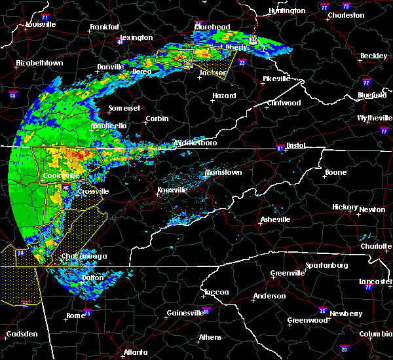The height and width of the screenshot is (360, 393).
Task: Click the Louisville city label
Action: [41, 24]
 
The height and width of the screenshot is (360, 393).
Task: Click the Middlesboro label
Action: [193, 142]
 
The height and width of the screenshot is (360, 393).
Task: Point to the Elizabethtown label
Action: [40, 63]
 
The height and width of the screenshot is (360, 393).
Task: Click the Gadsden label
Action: [19, 334]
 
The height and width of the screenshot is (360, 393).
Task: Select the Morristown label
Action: [223, 171]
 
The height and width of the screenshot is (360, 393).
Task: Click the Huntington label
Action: [287, 10]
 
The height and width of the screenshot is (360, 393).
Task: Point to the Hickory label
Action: [345, 206]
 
